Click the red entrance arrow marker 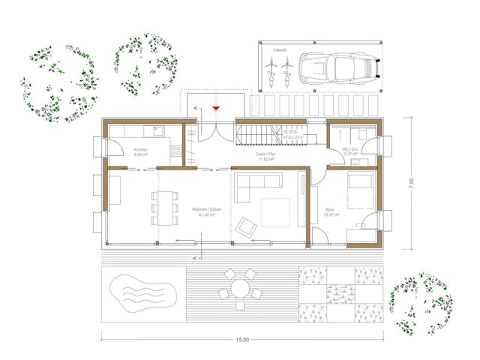[x=216, y=109]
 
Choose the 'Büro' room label [x=330, y=211]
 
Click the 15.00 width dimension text [x=241, y=340]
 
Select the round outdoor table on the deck [x=239, y=288]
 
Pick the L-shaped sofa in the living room [x=253, y=185]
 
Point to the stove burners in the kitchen [x=176, y=153]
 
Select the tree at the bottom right [x=422, y=304]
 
